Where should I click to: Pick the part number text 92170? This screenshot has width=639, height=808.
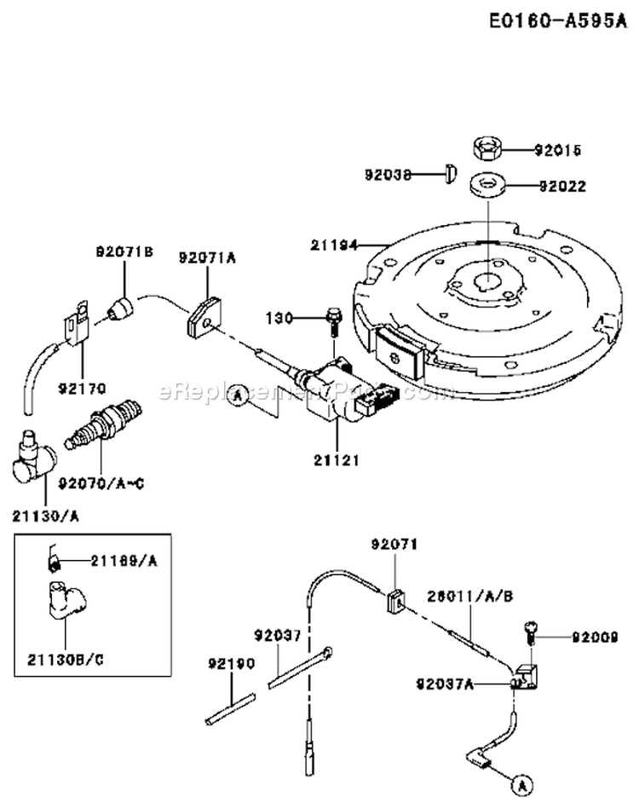[x=83, y=389]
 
